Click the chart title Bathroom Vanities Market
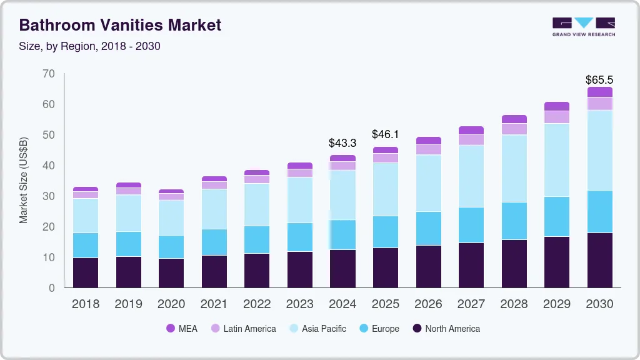(120, 25)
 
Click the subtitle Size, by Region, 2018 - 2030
(90, 46)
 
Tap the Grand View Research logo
(583, 26)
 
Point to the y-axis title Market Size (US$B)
(24, 179)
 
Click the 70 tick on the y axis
(49, 74)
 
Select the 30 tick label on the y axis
(49, 196)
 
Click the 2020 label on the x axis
(171, 304)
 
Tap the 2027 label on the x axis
(471, 304)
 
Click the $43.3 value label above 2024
(342, 143)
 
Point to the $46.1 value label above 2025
(386, 134)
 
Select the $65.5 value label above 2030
(599, 80)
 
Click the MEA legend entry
(181, 329)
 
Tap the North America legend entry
(446, 329)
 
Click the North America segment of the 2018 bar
(86, 272)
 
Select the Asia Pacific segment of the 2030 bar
(599, 150)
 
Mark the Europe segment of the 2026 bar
(428, 228)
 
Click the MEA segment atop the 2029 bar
(556, 106)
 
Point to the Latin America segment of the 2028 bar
(514, 129)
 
